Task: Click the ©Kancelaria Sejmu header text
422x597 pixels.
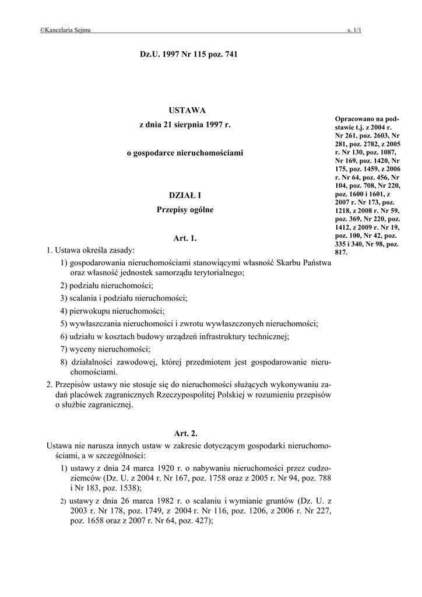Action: click(x=65, y=30)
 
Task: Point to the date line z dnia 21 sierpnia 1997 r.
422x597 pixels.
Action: click(x=185, y=125)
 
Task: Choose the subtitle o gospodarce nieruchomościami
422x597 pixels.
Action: click(x=185, y=153)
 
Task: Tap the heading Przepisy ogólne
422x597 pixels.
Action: click(x=185, y=209)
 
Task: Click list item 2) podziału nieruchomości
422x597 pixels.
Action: click(x=107, y=285)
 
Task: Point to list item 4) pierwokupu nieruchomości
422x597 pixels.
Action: click(x=112, y=311)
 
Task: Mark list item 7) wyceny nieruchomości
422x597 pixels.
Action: click(x=105, y=349)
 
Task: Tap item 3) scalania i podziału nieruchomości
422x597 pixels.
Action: click(x=124, y=298)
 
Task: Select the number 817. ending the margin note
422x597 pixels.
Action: click(x=341, y=252)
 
